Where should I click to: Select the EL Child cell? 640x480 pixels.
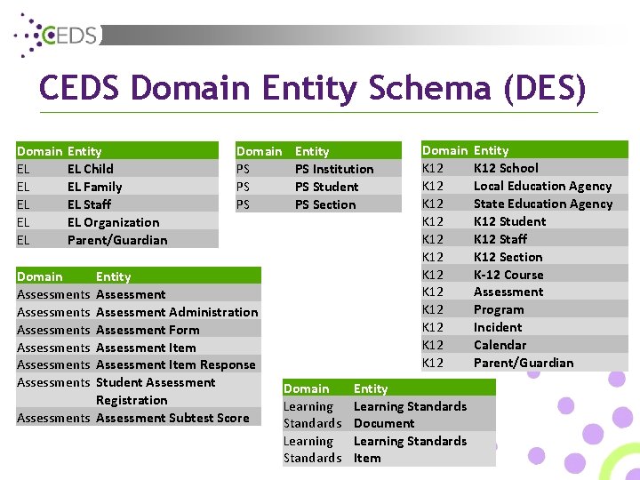91,169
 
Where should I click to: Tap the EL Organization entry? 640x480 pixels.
113,222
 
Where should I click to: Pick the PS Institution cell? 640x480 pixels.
334,169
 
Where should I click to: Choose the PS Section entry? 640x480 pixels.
325,204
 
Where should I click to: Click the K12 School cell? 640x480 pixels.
506,168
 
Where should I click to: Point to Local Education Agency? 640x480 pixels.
542,186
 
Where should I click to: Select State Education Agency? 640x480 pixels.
542,204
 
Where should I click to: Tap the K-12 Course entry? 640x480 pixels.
508,275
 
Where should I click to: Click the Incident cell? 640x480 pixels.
498,327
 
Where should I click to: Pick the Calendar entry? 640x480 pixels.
500,345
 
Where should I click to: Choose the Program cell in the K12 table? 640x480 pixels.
499,309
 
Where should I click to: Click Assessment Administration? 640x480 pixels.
177,312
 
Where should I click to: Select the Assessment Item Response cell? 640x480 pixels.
175,364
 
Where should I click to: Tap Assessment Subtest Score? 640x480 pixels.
172,418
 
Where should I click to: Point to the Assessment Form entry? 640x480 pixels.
148,330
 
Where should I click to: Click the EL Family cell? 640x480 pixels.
94,187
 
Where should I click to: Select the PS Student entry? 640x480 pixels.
326,187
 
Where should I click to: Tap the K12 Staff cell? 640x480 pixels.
500,239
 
